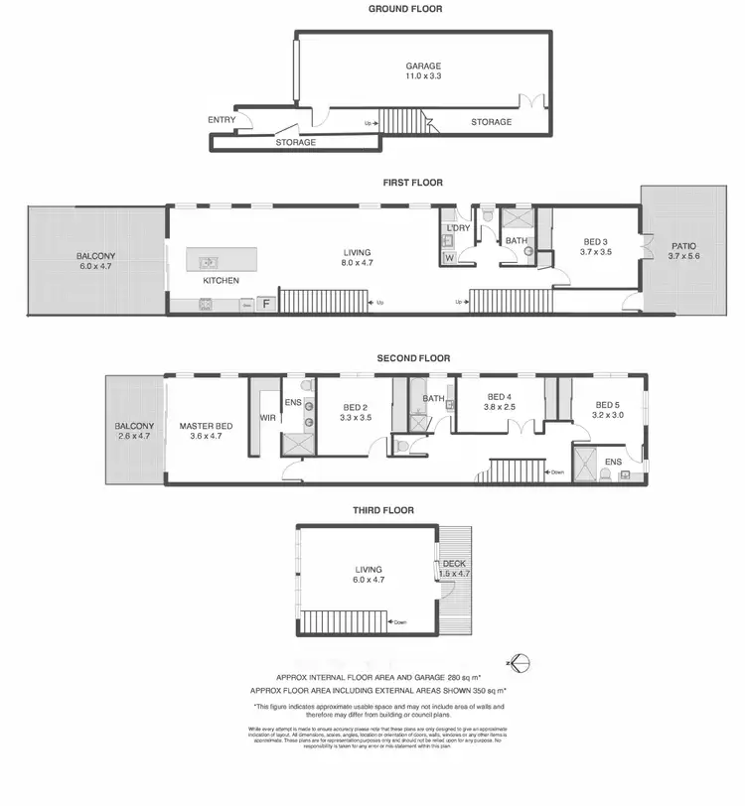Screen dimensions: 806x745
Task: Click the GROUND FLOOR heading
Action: coord(405,9)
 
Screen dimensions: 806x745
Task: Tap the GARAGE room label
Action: coord(422,67)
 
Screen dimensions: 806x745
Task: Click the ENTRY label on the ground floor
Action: coord(222,120)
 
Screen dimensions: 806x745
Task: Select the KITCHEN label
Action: coord(221,281)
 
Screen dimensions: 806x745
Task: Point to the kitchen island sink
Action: coord(209,263)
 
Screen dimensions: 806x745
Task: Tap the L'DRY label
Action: coord(458,229)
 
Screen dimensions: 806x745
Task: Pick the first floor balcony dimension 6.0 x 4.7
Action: coord(96,268)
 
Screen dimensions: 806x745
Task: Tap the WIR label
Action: coord(267,418)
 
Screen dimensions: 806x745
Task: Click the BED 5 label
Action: coord(608,405)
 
